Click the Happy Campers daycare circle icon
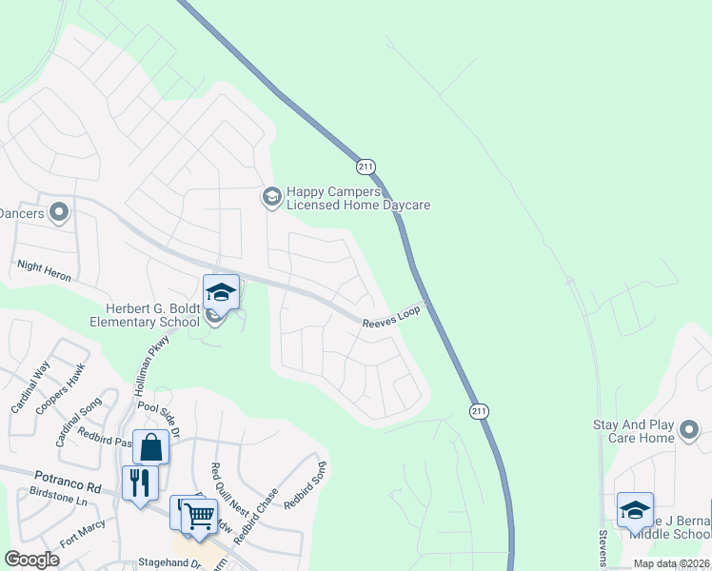tap(271, 197)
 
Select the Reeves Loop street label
tap(390, 324)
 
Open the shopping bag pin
tap(151, 446)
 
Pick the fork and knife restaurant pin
tap(139, 482)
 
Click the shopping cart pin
tap(200, 517)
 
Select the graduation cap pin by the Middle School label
tap(635, 510)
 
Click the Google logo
tap(32, 560)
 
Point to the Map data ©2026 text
tap(671, 563)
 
